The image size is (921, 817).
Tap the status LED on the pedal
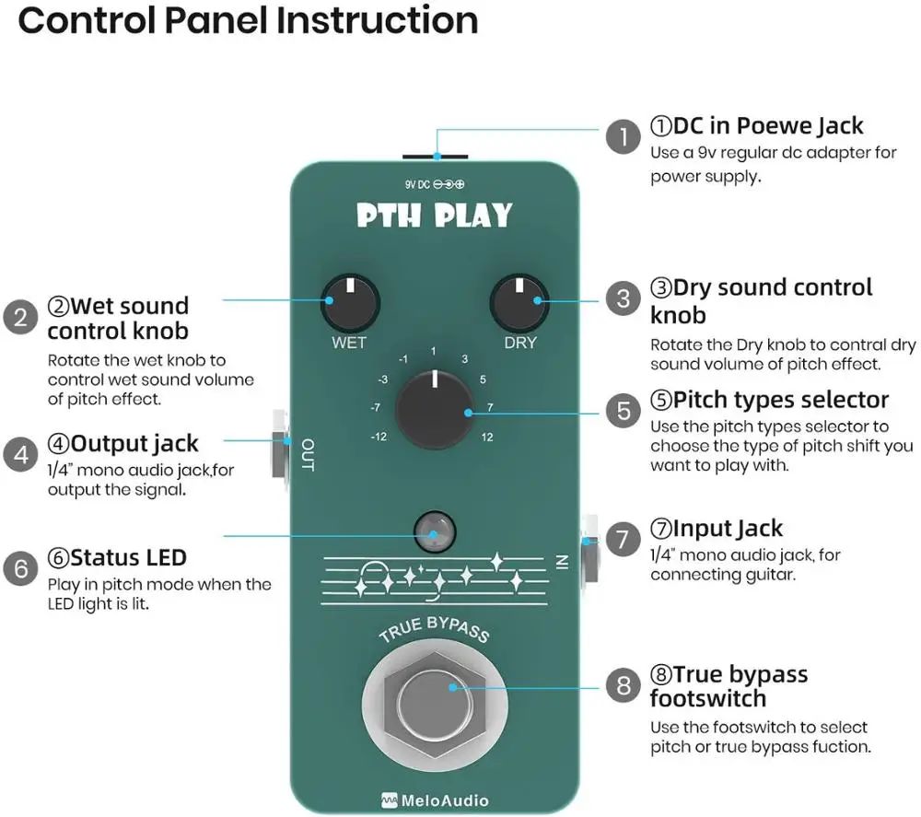pos(433,531)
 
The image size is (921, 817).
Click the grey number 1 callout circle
pos(624,139)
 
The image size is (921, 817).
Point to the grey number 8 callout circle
pos(624,685)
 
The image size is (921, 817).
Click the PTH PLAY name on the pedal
pos(434,216)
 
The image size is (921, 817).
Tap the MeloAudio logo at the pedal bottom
pos(435,800)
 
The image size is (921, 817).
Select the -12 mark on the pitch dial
pos(378,436)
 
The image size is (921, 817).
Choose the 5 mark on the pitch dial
pos(483,379)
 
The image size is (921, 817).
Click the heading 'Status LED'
pos(117,557)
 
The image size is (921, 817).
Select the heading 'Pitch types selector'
pos(769,400)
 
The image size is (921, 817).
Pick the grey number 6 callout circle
pos(21,568)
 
